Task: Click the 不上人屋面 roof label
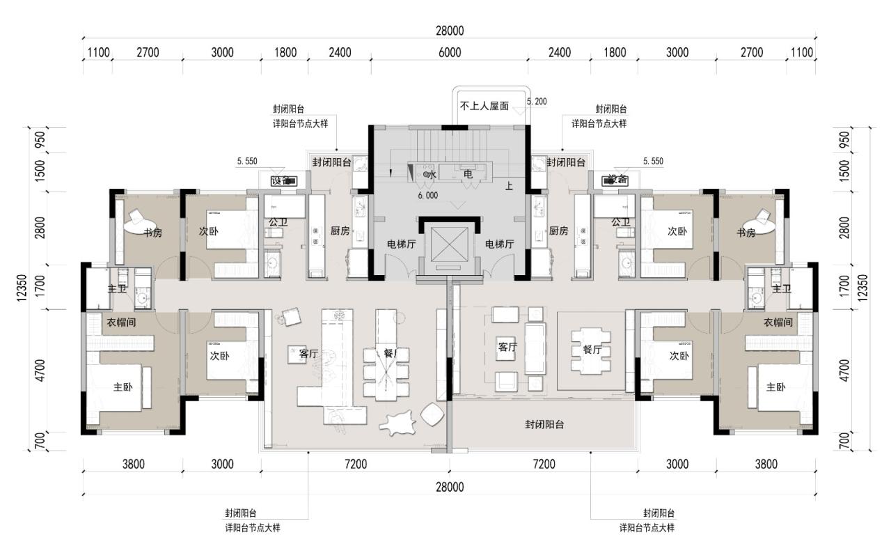(x=484, y=107)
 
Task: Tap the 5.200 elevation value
(x=537, y=102)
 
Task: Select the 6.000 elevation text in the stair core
(x=427, y=196)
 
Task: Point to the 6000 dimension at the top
(x=450, y=52)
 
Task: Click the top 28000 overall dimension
(x=450, y=31)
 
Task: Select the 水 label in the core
(x=432, y=174)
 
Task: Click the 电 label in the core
(x=468, y=174)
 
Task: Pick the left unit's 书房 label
(x=152, y=233)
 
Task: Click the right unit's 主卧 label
(x=776, y=387)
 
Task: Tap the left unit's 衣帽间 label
(x=121, y=322)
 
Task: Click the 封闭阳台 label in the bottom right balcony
(x=544, y=424)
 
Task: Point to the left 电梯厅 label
(x=402, y=244)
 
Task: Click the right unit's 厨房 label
(x=559, y=231)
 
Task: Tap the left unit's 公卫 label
(x=278, y=223)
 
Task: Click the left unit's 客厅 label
(x=308, y=354)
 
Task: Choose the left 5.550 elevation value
(x=247, y=161)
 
